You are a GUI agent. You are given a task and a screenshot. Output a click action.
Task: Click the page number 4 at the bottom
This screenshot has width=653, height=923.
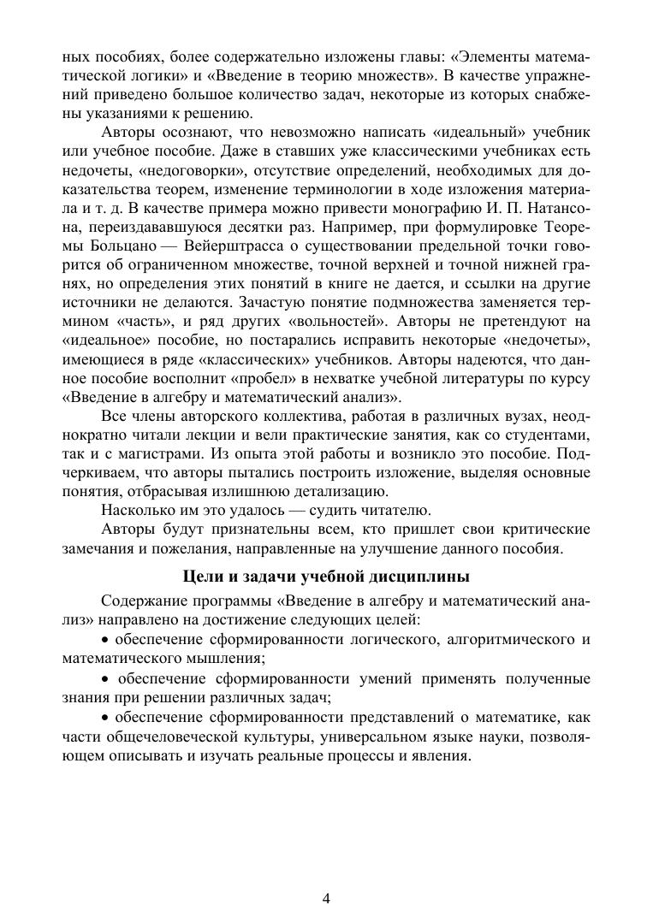[326, 898]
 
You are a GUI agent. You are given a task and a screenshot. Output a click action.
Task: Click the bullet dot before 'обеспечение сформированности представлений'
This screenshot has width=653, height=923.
[105, 718]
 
